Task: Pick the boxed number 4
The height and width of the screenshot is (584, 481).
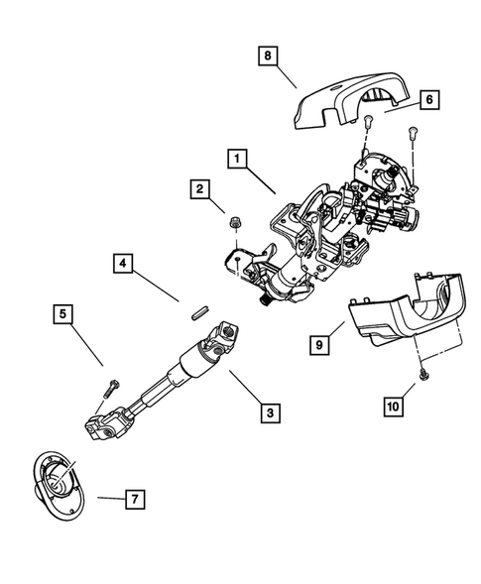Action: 123,263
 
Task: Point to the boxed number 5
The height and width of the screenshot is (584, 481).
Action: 62,316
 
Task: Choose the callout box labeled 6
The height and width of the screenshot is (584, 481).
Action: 429,100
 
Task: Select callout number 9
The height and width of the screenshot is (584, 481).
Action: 319,344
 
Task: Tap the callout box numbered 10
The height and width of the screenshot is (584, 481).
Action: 395,405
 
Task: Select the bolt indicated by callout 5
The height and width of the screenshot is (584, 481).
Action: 110,384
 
